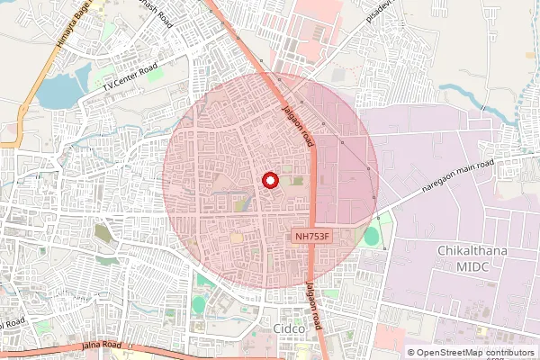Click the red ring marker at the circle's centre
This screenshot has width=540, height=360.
270,180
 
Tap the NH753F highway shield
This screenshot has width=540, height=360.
314,237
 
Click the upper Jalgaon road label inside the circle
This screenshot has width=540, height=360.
297,123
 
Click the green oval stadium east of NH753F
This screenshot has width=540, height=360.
371,237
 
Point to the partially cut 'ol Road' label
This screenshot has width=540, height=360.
13,322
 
